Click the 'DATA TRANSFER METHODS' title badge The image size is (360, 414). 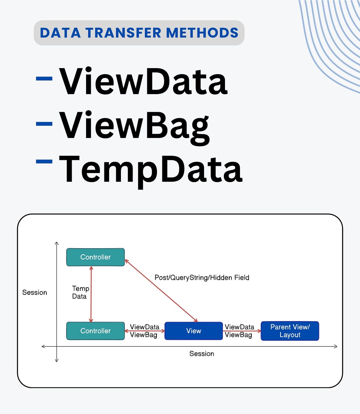(139, 33)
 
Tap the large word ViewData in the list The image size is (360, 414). (143, 81)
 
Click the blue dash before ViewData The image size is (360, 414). (44, 79)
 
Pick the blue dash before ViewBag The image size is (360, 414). (44, 123)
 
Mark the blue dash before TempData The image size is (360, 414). (44, 162)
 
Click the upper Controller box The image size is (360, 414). (95, 257)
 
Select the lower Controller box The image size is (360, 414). (95, 331)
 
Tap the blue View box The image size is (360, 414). (193, 331)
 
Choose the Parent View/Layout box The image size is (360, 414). (290, 331)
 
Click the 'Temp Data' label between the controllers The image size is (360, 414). (80, 292)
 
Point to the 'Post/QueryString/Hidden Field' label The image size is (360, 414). (202, 277)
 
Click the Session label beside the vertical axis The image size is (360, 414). (34, 292)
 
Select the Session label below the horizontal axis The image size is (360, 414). (202, 354)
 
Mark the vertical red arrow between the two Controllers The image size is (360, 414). (91, 294)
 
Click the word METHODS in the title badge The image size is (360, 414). (202, 33)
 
